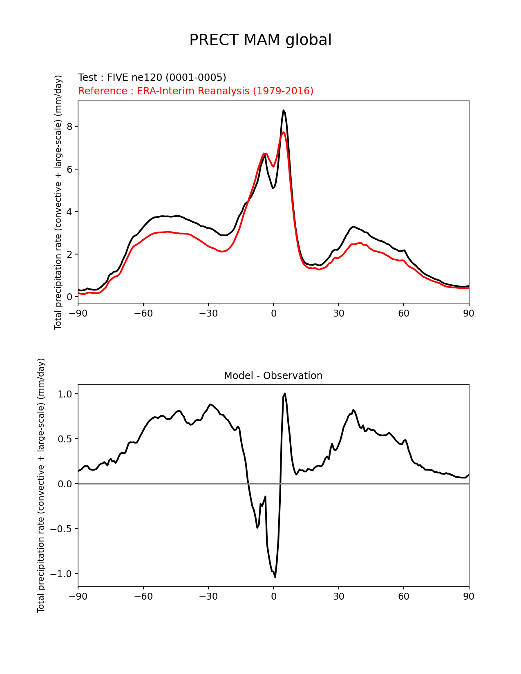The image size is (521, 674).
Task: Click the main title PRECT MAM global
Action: (260, 40)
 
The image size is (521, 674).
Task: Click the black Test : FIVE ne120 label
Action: (152, 78)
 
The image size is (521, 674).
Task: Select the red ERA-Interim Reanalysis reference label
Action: (196, 91)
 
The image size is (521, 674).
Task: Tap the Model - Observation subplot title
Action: (273, 376)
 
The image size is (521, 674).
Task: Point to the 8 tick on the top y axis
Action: (69, 127)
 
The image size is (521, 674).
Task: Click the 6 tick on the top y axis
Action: (69, 169)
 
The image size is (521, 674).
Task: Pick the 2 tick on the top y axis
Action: (69, 254)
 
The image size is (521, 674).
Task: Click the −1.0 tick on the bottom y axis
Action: (62, 574)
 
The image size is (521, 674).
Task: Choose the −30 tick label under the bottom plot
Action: (208, 596)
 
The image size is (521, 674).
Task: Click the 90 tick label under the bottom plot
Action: (469, 596)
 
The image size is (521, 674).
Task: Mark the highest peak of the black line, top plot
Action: (283, 110)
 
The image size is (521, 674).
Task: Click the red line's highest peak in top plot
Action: (284, 132)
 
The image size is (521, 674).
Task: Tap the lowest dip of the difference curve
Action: (275, 577)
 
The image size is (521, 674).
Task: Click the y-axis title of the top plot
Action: (58, 202)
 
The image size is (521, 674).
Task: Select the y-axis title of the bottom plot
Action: (41, 485)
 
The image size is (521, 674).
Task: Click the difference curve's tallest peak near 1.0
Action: (285, 394)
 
